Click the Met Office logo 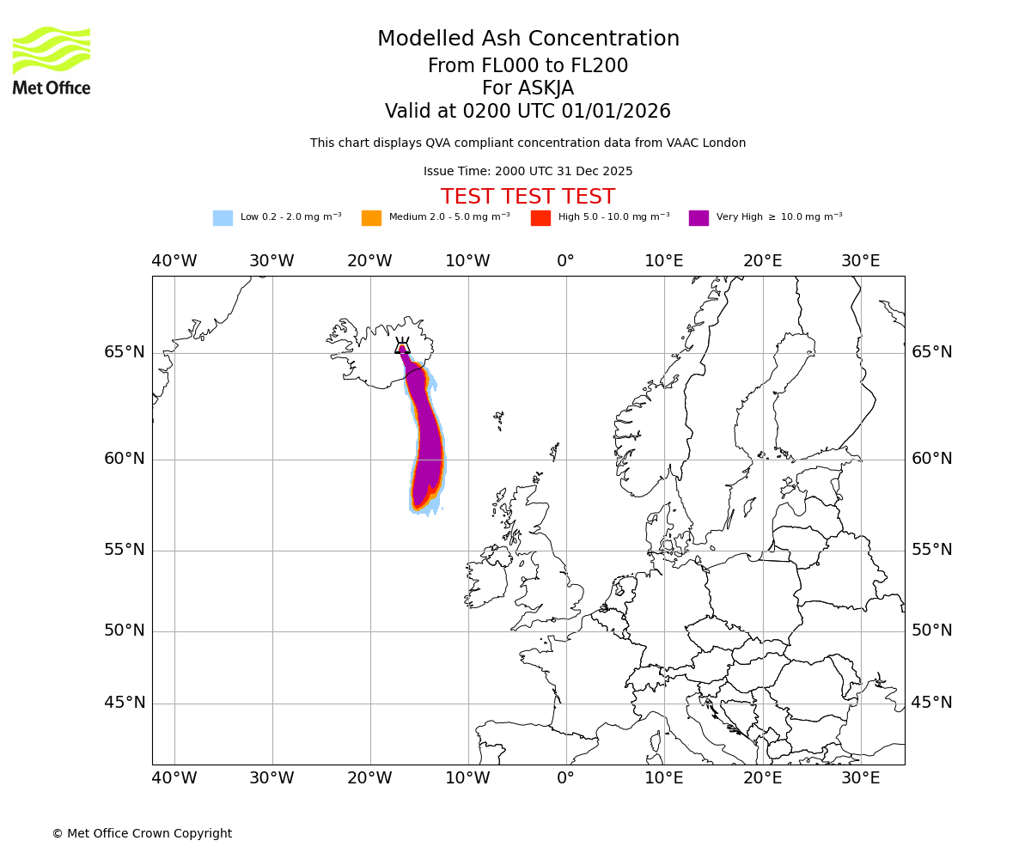52,60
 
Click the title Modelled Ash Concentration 528,40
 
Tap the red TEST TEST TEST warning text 528,197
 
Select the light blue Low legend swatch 223,218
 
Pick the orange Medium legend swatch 371,218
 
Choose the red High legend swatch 540,218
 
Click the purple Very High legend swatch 699,218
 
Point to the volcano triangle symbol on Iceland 402,346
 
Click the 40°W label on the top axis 174,261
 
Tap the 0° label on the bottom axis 565,778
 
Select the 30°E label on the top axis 860,261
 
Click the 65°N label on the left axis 125,352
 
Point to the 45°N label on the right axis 932,703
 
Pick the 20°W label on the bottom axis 369,778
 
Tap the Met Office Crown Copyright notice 142,833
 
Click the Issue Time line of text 528,172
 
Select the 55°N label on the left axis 125,550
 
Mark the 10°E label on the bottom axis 664,778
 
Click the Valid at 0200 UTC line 528,112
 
